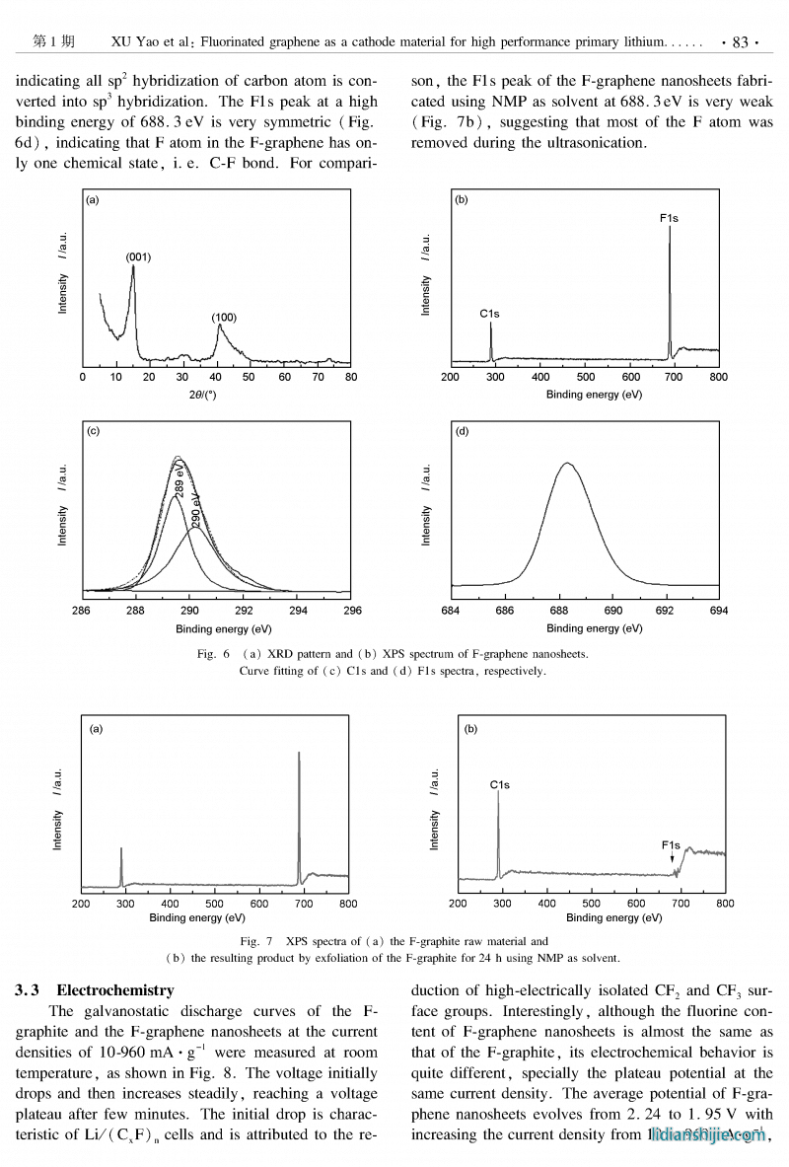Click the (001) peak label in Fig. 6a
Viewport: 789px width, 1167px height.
click(x=138, y=256)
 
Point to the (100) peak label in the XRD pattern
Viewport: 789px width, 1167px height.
click(x=224, y=318)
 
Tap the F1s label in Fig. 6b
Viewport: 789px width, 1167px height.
click(x=669, y=217)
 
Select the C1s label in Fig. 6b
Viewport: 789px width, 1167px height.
click(x=490, y=314)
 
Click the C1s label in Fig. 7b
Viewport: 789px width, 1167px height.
click(x=499, y=785)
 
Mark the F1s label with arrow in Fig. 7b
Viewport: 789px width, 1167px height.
click(x=671, y=845)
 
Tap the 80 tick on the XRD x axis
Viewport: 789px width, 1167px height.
click(x=350, y=377)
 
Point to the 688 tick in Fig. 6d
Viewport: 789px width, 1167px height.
click(x=558, y=611)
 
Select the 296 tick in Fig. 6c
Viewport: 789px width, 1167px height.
click(x=350, y=611)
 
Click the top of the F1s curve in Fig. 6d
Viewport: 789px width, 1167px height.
click(x=566, y=463)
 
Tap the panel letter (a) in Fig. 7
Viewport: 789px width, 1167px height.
click(x=96, y=729)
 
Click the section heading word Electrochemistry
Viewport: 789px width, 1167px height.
click(x=114, y=989)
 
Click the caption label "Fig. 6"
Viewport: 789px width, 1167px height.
click(x=213, y=654)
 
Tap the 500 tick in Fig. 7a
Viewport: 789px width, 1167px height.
click(x=215, y=903)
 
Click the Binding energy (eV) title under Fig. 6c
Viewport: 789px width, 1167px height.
click(x=223, y=628)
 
